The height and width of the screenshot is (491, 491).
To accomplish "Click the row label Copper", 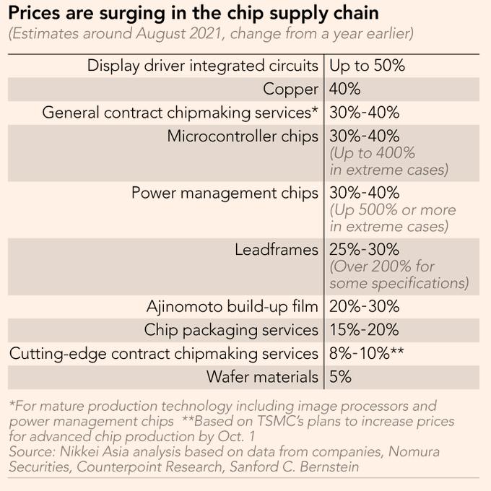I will [290, 90].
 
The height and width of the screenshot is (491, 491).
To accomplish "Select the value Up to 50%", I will [367, 66].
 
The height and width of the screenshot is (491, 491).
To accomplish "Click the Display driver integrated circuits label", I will [203, 66].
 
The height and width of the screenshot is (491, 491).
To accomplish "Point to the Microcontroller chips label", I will [243, 136].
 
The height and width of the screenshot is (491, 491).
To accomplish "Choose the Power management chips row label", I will [225, 194].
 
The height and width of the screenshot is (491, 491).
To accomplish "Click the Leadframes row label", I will [277, 250].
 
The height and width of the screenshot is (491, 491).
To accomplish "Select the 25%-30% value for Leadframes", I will [364, 250].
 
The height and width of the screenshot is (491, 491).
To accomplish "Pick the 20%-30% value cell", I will [364, 306].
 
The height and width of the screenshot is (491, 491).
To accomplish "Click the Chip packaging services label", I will [231, 330].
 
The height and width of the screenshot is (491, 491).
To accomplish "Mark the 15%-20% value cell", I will [364, 330].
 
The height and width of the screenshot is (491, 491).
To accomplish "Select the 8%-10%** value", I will [367, 354].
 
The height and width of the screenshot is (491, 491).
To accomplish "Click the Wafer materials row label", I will [262, 377].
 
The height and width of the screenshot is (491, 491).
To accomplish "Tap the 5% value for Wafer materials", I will [340, 377].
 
